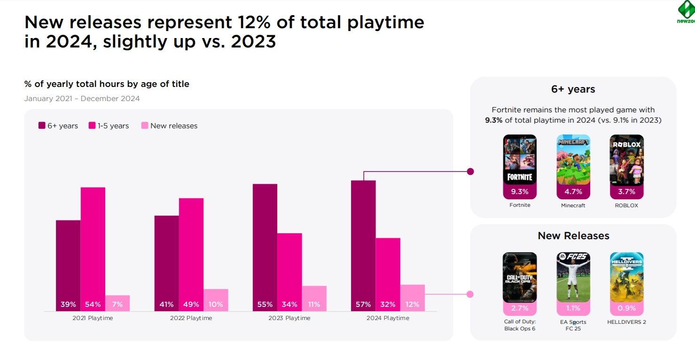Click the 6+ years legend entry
coord(58,126)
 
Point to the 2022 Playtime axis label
coord(191,318)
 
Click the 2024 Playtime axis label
coord(388,318)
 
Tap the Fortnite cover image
coord(520,160)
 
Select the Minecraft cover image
coord(573,160)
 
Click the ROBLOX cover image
coord(626,160)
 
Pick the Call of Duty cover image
coord(520,277)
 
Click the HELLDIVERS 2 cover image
coord(626,277)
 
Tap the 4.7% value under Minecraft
coord(573,192)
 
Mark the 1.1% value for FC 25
coord(573,309)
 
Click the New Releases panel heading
coord(573,236)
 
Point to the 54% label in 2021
coord(93,305)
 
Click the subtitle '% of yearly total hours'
coord(107,84)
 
